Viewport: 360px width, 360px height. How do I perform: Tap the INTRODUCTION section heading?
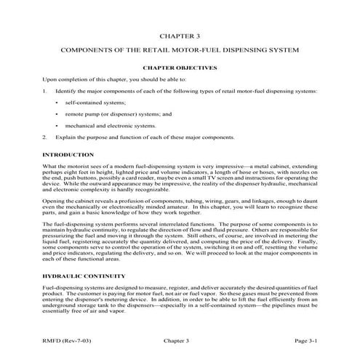click(68, 155)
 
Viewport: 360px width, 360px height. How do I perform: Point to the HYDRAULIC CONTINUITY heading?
click(83, 276)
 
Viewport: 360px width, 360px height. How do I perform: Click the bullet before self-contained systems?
click(56, 103)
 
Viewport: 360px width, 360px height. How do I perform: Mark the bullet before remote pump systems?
click(56, 114)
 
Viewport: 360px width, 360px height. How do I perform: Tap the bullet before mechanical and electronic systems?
click(56, 125)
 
